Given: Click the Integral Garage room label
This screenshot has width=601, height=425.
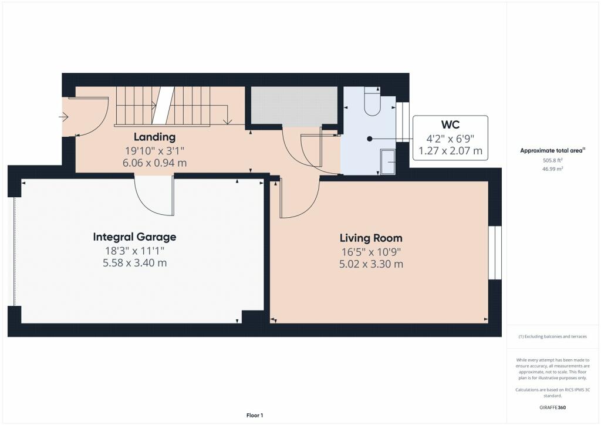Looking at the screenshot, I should coord(134,237).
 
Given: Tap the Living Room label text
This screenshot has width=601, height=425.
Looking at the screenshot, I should coord(371,238).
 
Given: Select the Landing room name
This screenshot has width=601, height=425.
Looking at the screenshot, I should coord(154,137).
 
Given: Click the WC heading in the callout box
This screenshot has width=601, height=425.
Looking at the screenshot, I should coord(450,125).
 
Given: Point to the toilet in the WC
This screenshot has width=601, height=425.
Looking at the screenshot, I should coord(372,101).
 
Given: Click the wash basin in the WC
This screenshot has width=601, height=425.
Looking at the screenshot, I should coord(388,161).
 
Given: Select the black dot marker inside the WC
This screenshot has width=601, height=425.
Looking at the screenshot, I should coord(369,139).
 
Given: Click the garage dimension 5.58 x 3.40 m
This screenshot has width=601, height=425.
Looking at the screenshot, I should coord(134,263).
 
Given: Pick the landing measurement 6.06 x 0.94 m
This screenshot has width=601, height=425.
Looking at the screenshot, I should coord(154,163).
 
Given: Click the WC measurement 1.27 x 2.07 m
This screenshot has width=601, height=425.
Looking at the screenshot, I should coord(450,151).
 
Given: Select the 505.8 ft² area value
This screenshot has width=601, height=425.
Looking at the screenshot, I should coord(552,159).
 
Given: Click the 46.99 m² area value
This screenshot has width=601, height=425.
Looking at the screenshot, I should coord(552,168).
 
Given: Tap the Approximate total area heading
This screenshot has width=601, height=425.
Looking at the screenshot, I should coord(552,150).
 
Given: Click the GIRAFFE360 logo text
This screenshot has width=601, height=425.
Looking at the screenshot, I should coord(552,407).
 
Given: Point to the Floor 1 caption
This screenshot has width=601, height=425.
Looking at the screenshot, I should coord(255,415).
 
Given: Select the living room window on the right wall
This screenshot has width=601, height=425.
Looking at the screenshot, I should coord(495,252).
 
